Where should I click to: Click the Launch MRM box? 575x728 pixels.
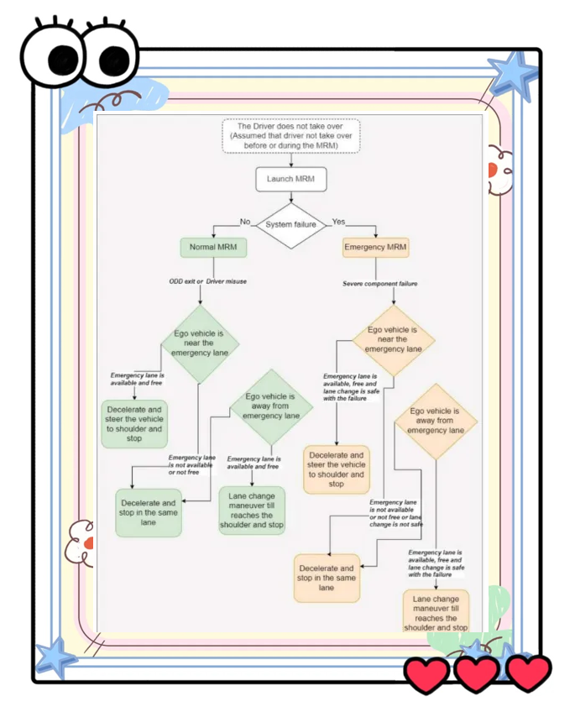point(290,179)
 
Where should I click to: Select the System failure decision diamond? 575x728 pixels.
point(290,225)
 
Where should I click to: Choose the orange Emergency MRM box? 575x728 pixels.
point(375,248)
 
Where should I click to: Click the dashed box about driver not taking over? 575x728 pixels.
point(290,135)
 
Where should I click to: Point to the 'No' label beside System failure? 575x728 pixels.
point(245,222)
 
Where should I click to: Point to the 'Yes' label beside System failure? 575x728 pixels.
point(338,222)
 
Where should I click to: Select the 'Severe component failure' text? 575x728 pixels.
point(379,284)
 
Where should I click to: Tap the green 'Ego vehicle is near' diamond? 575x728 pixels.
point(201,343)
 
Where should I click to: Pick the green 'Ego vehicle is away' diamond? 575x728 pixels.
point(270,406)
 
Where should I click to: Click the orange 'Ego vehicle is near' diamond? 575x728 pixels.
point(393,339)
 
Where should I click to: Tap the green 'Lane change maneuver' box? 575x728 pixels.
point(252,510)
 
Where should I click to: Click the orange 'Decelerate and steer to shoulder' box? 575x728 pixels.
point(336,469)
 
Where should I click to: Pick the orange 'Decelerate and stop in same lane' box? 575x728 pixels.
point(327,578)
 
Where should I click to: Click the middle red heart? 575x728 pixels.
point(477,674)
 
